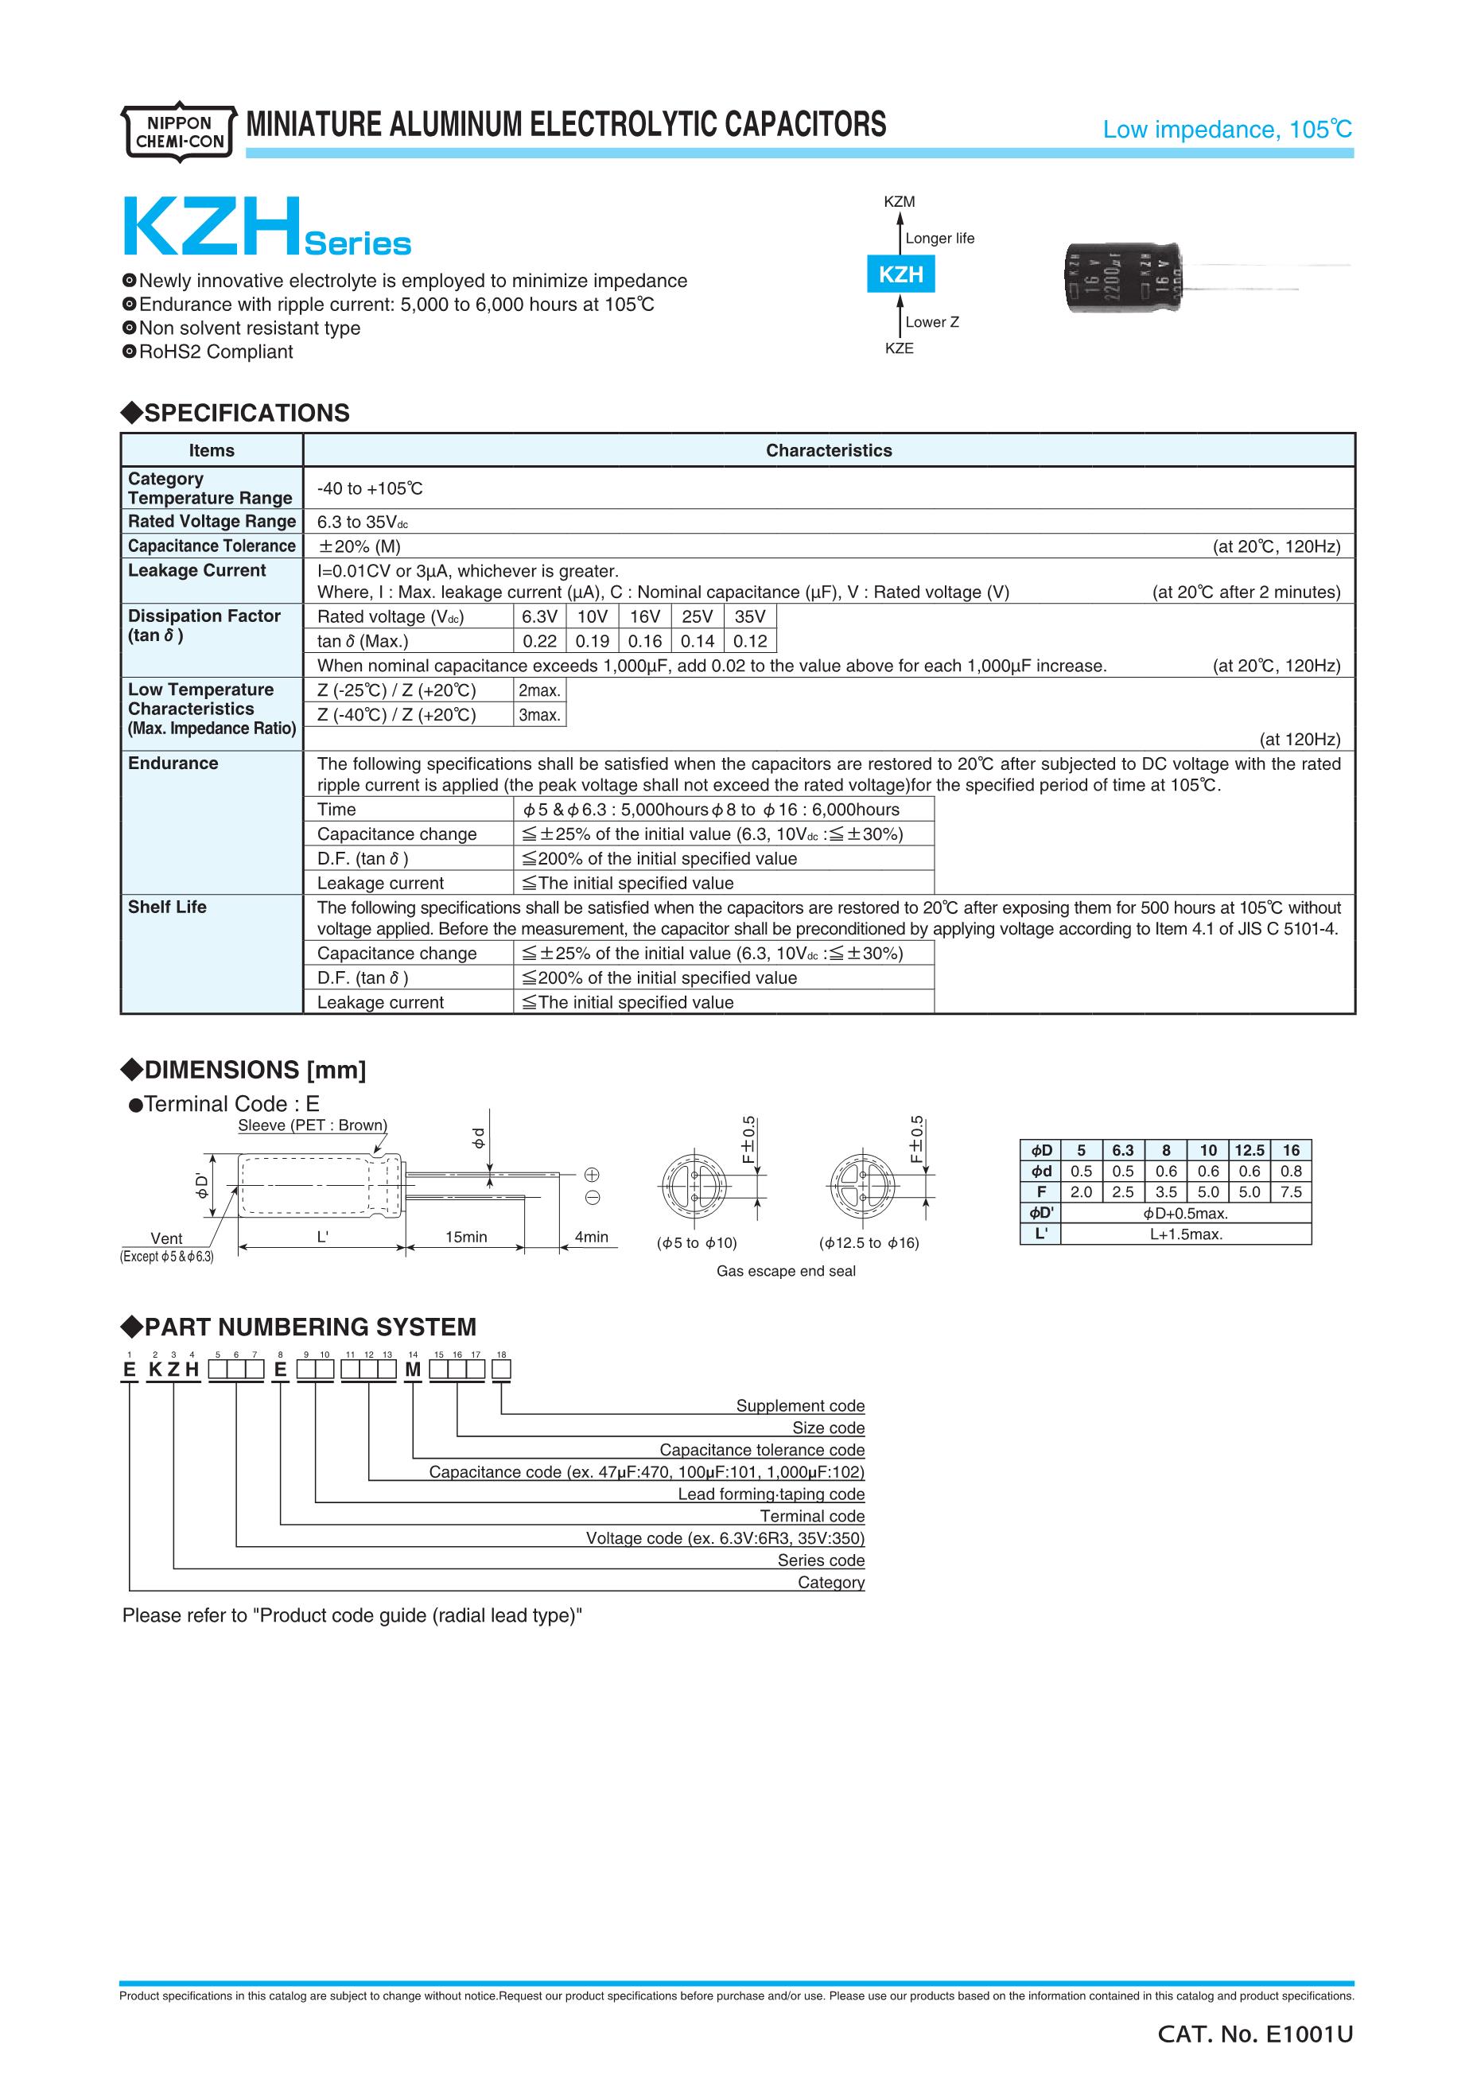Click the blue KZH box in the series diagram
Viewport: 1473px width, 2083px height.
pos(900,274)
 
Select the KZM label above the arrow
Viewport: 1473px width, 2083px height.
pos(899,202)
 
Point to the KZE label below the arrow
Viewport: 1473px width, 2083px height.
pos(899,348)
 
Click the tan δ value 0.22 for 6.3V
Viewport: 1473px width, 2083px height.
pos(540,641)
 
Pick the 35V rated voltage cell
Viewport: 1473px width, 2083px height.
pos(750,617)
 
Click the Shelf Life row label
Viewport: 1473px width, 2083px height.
pos(167,907)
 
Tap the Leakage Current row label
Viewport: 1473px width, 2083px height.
pos(196,570)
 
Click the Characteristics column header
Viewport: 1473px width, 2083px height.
pos(828,451)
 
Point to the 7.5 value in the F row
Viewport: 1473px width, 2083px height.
pos(1291,1192)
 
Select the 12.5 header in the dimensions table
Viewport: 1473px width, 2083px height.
pos(1249,1150)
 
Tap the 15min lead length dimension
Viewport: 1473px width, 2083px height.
pos(466,1237)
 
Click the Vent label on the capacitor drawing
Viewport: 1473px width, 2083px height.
pos(166,1238)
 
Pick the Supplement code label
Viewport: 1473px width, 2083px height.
pos(800,1405)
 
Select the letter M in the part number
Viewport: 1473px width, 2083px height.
pos(413,1370)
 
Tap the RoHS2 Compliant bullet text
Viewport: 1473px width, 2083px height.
pos(216,352)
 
